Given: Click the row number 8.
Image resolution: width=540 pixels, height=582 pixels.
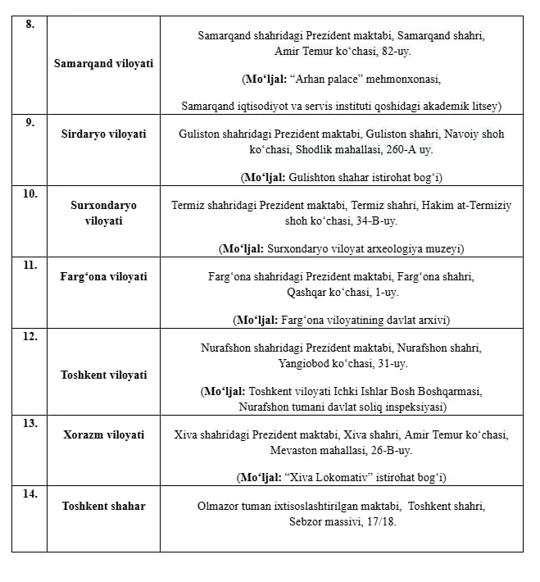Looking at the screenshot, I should tap(30, 25).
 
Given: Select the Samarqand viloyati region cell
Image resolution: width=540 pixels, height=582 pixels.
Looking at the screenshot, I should tap(103, 63).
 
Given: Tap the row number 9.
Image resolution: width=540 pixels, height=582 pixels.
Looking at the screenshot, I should tap(30, 122).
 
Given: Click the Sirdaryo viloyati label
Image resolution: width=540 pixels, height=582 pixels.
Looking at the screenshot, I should tap(103, 134).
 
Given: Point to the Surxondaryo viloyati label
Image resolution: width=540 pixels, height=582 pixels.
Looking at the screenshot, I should tap(103, 212).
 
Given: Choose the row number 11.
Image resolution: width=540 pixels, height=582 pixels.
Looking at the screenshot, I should tap(31, 265).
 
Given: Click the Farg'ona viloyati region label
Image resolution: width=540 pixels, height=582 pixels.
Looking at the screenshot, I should tap(103, 276).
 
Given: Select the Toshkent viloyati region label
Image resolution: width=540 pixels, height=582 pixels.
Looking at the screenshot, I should tap(103, 375).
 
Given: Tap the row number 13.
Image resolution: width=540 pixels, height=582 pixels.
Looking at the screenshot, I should tap(31, 423).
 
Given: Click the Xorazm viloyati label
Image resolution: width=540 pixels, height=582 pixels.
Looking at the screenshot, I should tap(103, 434).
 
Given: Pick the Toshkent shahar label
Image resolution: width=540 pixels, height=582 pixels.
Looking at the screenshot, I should tap(103, 506).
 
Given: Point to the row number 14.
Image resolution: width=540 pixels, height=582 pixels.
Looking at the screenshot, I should tap(31, 494).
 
